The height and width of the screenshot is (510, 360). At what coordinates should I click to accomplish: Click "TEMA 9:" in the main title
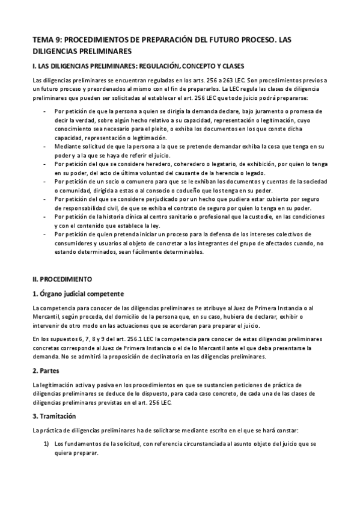(46, 40)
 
